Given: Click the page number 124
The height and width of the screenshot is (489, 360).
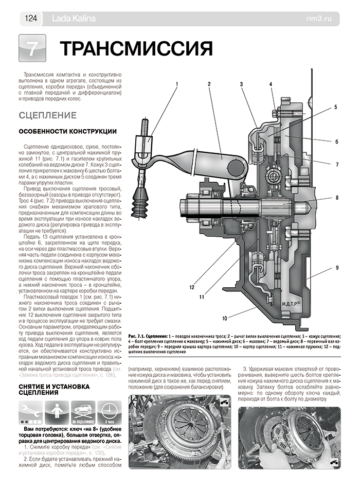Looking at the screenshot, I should click(29, 19).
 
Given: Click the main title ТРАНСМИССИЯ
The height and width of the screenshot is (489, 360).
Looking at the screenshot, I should click(136, 49).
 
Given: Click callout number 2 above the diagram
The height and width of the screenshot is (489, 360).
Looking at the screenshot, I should click(209, 83).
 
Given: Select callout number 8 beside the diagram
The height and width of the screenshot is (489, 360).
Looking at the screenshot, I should click(336, 198).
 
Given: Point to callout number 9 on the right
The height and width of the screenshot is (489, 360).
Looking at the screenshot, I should click(336, 268).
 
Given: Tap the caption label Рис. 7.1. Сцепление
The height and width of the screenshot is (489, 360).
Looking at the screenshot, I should click(153, 335).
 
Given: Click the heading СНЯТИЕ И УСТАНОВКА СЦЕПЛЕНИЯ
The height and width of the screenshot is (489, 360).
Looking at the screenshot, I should click(54, 389).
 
